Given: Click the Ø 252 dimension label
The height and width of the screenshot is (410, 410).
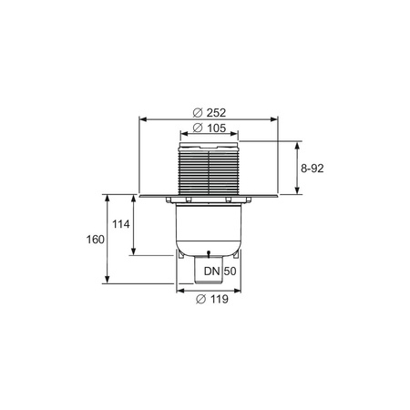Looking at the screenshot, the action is [210, 113].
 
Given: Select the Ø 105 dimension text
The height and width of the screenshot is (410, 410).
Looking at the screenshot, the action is [210, 128].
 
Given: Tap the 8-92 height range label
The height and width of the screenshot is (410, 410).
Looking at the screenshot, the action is [313, 169].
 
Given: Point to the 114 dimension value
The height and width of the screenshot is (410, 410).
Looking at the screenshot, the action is [121, 224].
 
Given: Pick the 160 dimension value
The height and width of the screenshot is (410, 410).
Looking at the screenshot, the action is [96, 240].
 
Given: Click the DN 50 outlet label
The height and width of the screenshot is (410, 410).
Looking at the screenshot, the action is [220, 271].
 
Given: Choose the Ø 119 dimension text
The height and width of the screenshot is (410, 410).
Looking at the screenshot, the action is [212, 299].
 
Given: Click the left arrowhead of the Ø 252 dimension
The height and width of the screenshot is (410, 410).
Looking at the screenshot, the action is [143, 119].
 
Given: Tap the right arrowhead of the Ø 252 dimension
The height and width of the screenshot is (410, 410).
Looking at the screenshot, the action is [274, 119].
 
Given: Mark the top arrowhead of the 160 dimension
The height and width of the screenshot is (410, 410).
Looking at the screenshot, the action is [107, 198].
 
